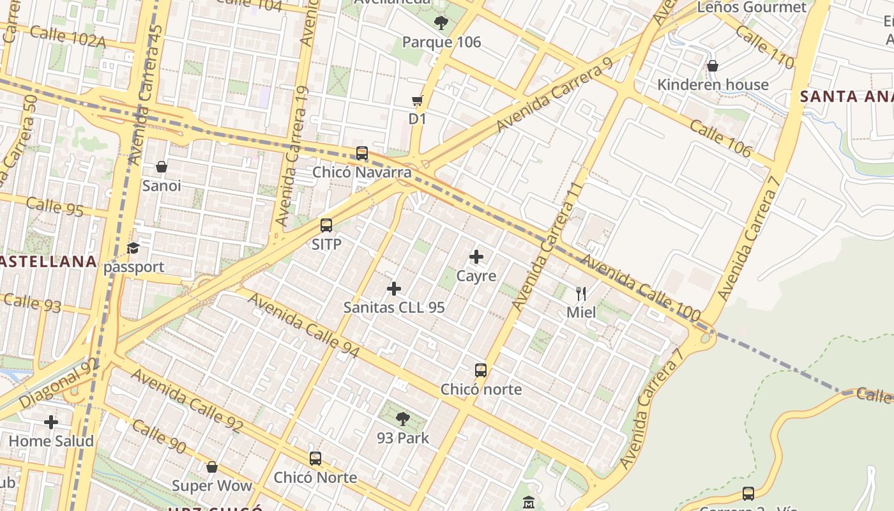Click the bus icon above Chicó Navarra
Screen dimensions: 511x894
[362, 153]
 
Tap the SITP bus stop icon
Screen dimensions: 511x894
[326, 225]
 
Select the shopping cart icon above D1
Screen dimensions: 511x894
[418, 100]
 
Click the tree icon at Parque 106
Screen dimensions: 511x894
[441, 24]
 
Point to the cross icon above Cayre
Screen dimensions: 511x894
[476, 257]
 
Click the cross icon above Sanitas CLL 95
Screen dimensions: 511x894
[394, 289]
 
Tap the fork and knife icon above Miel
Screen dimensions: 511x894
[581, 294]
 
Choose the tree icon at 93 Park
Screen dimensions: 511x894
[403, 419]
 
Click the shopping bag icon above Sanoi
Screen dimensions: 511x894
[162, 167]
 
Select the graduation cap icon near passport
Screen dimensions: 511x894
[133, 248]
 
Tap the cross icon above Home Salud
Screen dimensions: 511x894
[51, 422]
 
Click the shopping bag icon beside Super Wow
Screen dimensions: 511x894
[212, 467]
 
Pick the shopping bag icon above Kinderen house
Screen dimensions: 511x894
[713, 66]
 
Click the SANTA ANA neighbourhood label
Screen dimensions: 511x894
[846, 96]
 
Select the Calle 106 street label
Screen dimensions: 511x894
[720, 138]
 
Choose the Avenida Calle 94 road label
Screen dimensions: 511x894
[304, 325]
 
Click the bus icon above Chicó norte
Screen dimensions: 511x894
[481, 370]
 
